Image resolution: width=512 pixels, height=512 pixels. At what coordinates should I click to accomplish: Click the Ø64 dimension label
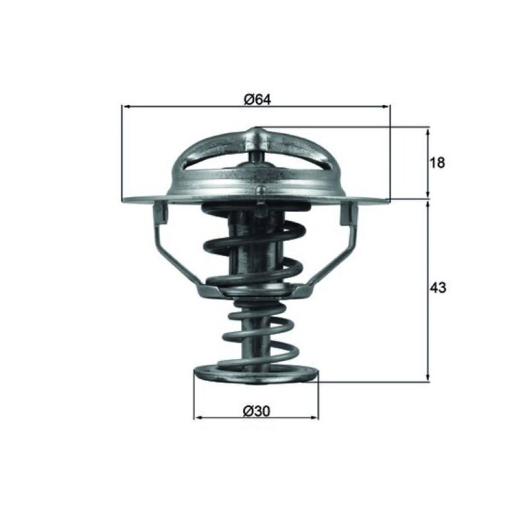coord(257,99)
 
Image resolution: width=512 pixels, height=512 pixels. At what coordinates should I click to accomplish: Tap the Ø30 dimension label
coord(257,411)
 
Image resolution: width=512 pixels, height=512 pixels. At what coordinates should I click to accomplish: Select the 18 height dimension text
coord(436,163)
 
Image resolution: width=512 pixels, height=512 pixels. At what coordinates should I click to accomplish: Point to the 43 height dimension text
coord(438,287)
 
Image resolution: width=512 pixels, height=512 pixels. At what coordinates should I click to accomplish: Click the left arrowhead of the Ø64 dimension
coord(125,106)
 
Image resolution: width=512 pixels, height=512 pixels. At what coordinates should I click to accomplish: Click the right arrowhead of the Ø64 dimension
coord(386,106)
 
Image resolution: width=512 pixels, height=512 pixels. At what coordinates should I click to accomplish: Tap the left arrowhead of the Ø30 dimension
coord(198,417)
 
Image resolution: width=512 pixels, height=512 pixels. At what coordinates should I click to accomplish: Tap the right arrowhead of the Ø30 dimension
coord(314,417)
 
